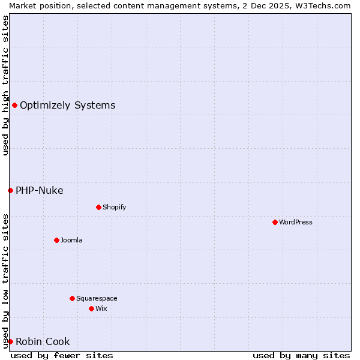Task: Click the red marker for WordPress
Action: coord(275,222)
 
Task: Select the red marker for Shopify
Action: coord(98,207)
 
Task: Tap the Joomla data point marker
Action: coord(56,240)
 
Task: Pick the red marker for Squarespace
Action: coord(72,298)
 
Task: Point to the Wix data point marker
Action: coord(91,308)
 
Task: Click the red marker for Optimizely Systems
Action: coord(14,106)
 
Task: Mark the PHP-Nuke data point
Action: coord(10,191)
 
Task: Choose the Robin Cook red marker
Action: coord(10,342)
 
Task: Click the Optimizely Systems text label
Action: coord(67,106)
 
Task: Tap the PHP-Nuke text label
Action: coord(39,191)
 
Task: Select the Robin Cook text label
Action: coord(43,342)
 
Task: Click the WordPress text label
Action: coord(296,222)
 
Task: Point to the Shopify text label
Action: coord(114,207)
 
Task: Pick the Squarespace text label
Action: coord(97,298)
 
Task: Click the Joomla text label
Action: coord(71,240)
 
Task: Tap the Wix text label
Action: coord(101,308)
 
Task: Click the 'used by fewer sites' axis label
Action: coord(62,356)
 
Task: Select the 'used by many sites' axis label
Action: coord(301,356)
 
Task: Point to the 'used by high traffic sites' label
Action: coord(5,85)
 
